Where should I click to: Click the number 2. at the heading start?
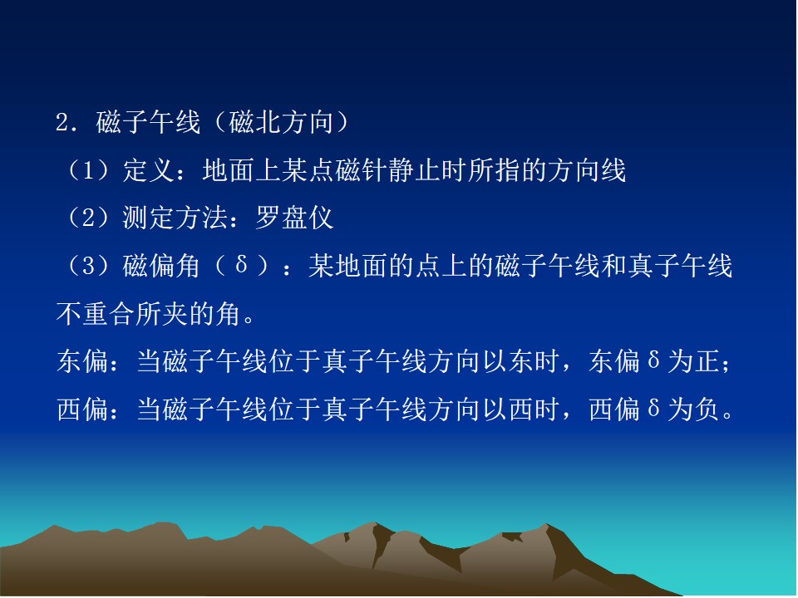click(x=66, y=123)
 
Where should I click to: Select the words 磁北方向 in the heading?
click(x=282, y=123)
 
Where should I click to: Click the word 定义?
click(x=149, y=170)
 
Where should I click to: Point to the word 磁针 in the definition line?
click(x=361, y=170)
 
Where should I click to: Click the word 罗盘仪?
click(x=294, y=218)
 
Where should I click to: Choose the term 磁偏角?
click(x=161, y=266)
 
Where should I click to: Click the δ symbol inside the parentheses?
click(x=242, y=265)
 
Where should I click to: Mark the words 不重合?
click(x=96, y=314)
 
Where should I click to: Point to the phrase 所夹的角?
click(x=189, y=314)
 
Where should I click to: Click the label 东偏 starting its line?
click(x=82, y=361)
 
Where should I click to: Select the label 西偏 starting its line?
click(x=82, y=409)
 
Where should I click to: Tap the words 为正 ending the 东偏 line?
click(x=693, y=361)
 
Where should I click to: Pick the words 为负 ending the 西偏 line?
click(x=693, y=409)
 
